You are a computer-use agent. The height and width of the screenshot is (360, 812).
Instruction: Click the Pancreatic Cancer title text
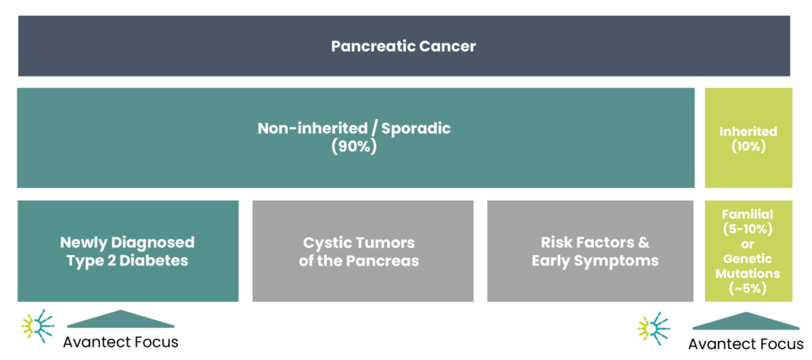404,46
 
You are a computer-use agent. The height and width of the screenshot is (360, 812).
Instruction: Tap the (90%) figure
354,147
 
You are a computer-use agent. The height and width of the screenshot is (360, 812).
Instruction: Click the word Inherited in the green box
748,132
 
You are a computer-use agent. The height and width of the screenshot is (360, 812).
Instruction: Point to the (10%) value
748,147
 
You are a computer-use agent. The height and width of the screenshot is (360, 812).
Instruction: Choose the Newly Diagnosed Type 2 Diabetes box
128,251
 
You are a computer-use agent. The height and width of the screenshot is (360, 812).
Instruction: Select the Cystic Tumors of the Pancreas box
362,251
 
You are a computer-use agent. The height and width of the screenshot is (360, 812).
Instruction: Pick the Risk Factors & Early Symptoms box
595,251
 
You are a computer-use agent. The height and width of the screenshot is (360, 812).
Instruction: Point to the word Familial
748,214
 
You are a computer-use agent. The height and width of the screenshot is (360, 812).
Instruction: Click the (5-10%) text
748,229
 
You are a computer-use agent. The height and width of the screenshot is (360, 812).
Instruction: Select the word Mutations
748,274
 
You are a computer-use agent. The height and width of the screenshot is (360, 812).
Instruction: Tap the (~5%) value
748,289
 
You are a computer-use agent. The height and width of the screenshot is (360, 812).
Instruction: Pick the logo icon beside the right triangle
653,328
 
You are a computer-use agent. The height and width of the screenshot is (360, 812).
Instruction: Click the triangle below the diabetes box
121,319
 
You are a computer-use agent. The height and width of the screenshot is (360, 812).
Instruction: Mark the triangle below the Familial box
745,321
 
